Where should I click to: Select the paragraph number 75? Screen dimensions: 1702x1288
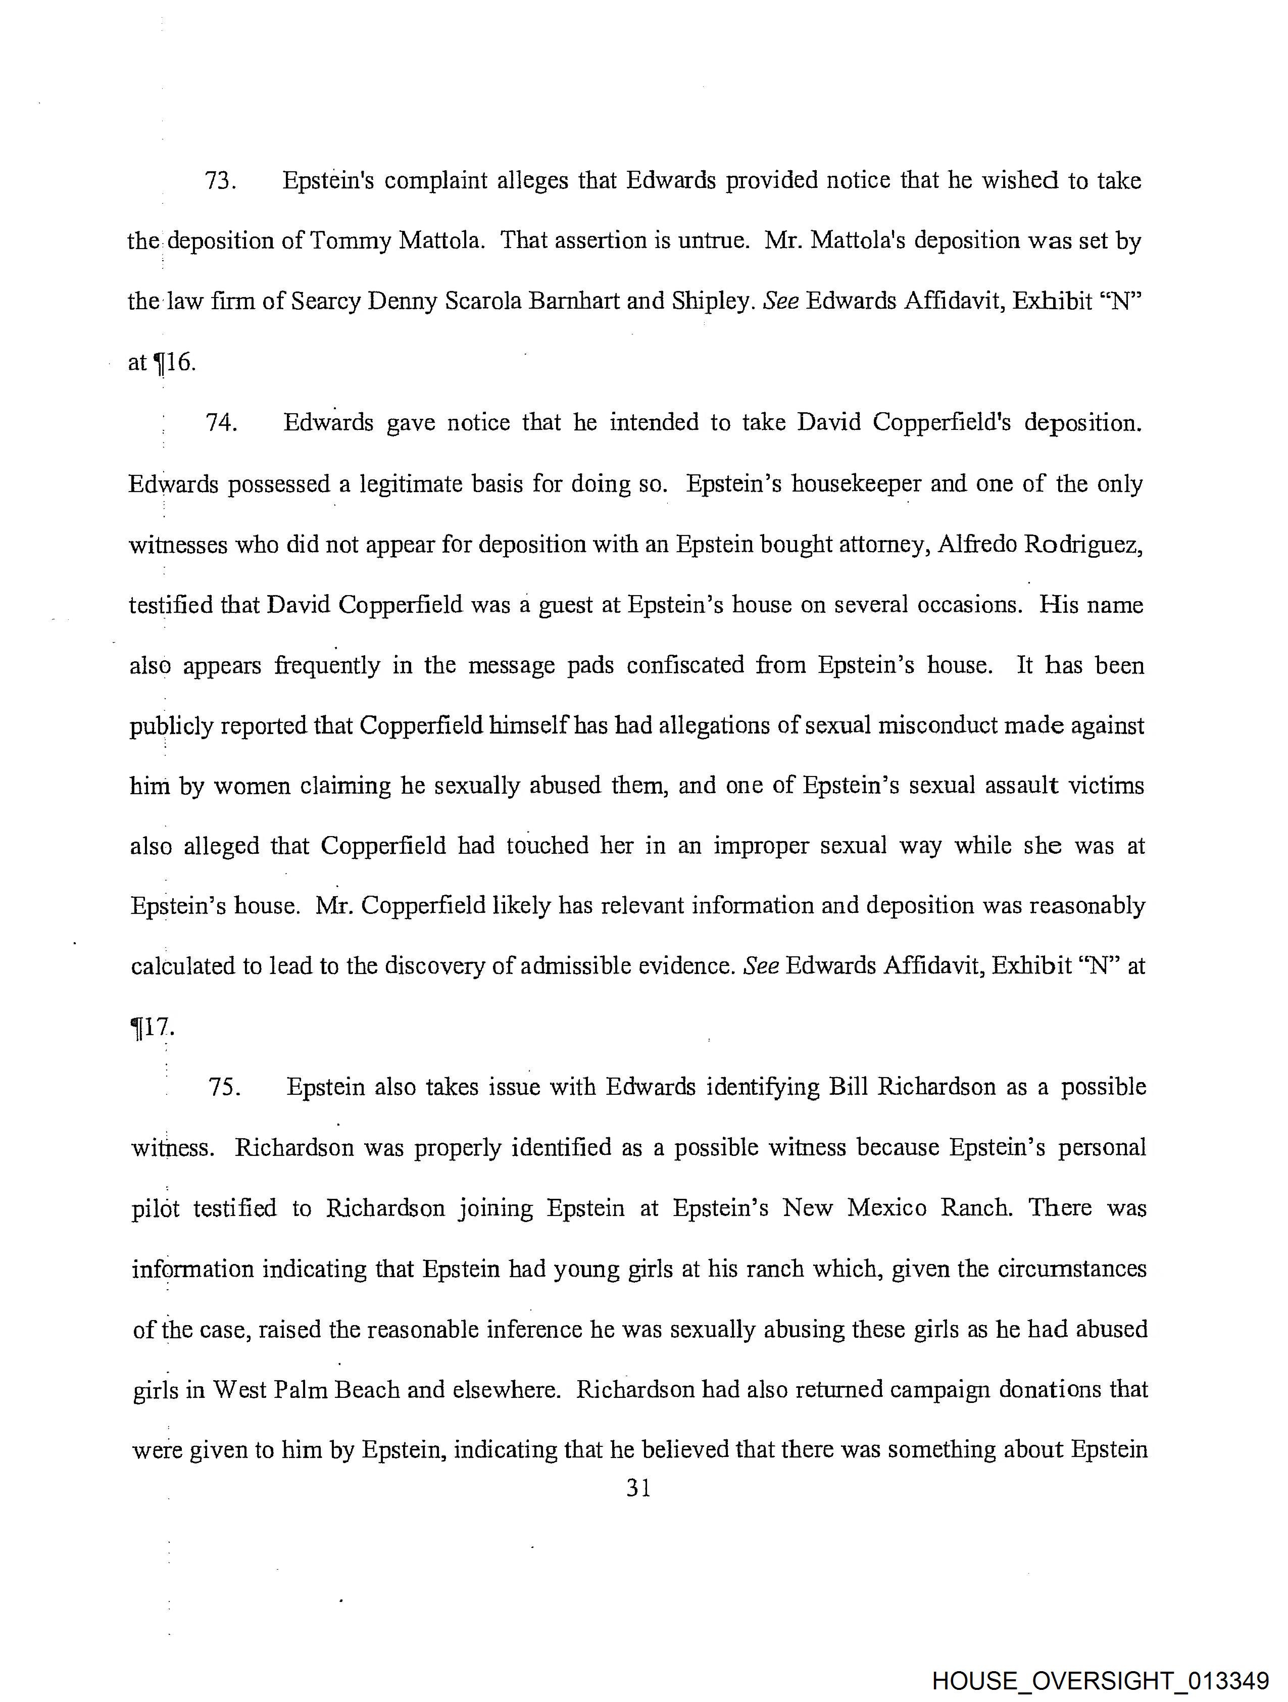pos(223,1087)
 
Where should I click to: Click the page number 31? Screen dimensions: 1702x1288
pos(638,1489)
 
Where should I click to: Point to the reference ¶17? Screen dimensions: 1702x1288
pos(153,1027)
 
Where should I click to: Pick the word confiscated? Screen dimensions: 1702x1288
pos(685,665)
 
